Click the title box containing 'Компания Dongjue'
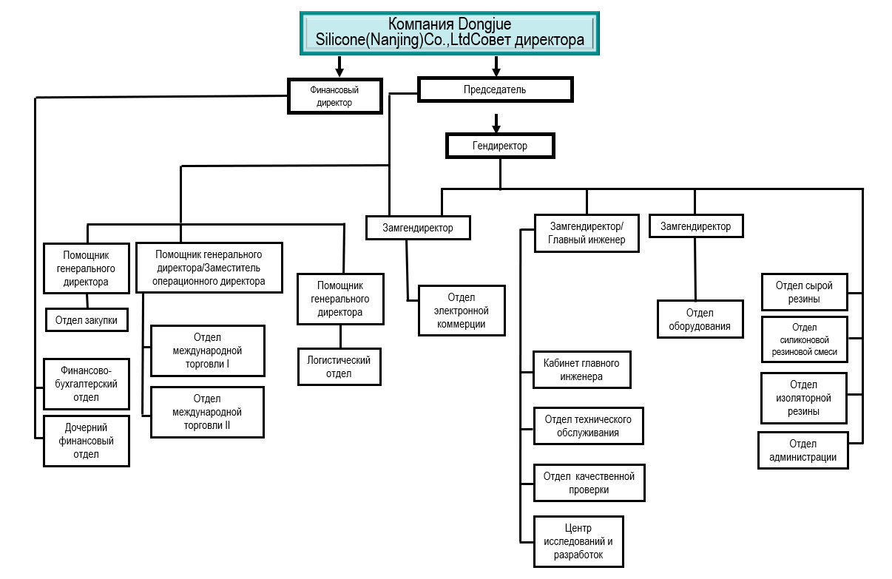coord(449,33)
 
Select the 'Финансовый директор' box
coord(334,96)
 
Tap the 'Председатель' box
coord(495,89)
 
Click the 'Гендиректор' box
coord(500,146)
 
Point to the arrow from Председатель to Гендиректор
coord(497,121)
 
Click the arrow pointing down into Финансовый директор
coord(339,67)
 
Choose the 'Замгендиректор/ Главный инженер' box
coord(587,233)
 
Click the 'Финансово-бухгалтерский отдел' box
coord(87,384)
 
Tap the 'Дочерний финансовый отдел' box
coord(87,441)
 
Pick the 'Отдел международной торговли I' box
coord(207,351)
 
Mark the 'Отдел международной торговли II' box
coord(207,412)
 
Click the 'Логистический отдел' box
coord(339,367)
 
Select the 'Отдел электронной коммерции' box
coord(462,311)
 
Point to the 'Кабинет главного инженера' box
coord(581,370)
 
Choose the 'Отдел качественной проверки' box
coord(589,483)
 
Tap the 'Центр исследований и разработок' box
coord(578,541)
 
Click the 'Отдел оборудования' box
coord(700,319)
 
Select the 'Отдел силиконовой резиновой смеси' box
coord(804,339)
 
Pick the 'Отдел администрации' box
coord(803,450)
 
